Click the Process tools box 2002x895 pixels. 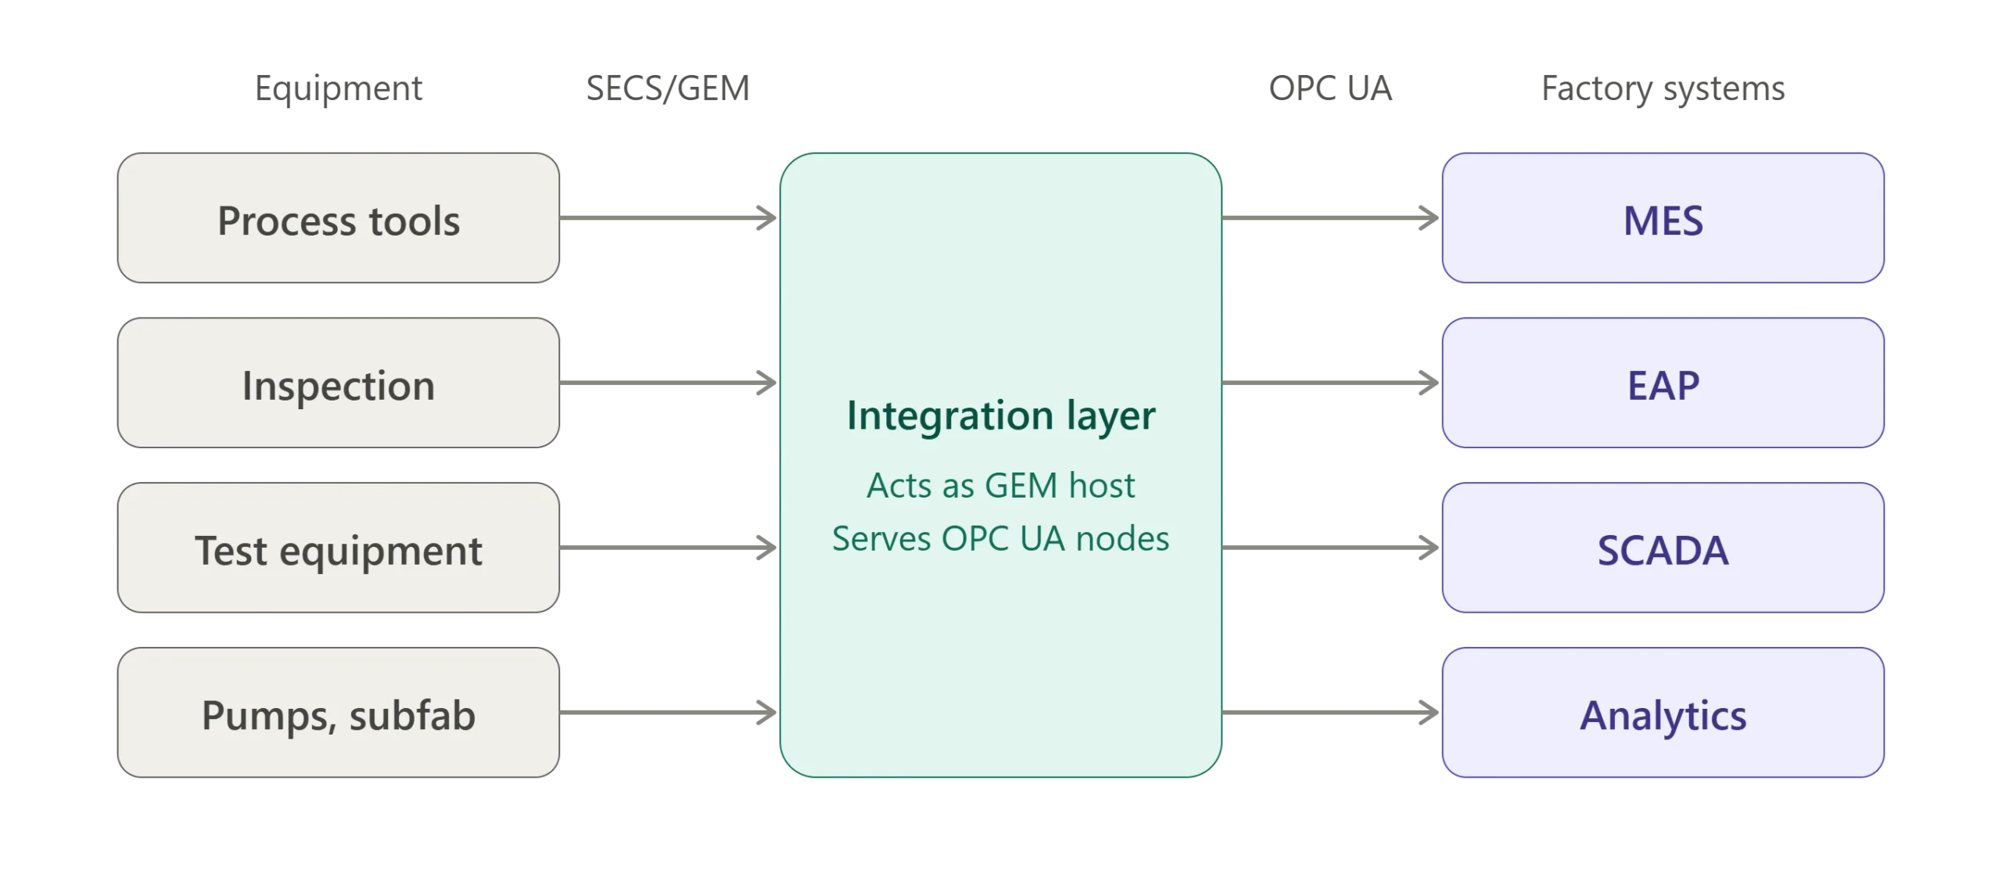tap(338, 217)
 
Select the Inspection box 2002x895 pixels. tap(338, 383)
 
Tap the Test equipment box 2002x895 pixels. tap(338, 548)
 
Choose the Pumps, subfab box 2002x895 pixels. tap(338, 713)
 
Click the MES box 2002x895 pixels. tap(1663, 217)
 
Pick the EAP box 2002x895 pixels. tap(1663, 383)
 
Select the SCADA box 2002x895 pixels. tap(1663, 548)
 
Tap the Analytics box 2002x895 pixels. tap(1663, 713)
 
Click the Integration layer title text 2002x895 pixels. tap(1001, 415)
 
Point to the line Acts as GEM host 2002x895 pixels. tap(1001, 486)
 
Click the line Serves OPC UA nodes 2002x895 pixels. tap(1001, 539)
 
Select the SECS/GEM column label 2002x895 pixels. tap(668, 88)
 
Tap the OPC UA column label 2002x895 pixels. tap(1330, 88)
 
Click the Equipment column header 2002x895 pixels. tap(339, 88)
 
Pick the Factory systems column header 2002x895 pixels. tap(1663, 88)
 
